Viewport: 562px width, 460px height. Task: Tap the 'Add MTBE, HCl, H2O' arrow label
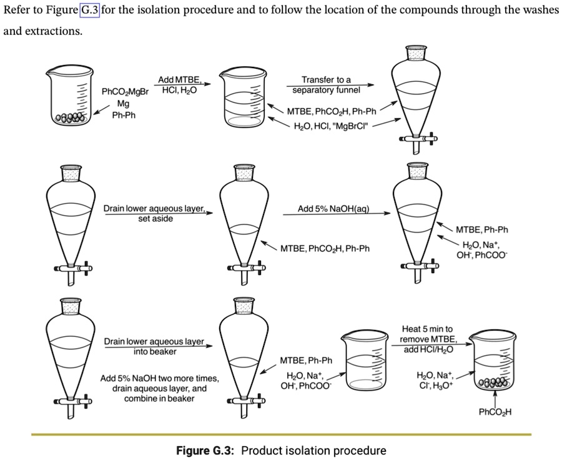coord(179,85)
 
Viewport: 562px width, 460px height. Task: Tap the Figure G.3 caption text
coord(281,450)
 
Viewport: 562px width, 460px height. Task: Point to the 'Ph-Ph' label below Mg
coord(125,115)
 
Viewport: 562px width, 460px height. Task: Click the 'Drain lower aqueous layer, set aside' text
coord(155,213)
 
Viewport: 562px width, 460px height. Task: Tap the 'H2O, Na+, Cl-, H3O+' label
coord(438,380)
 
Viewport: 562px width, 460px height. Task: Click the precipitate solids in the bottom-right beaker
coord(493,383)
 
